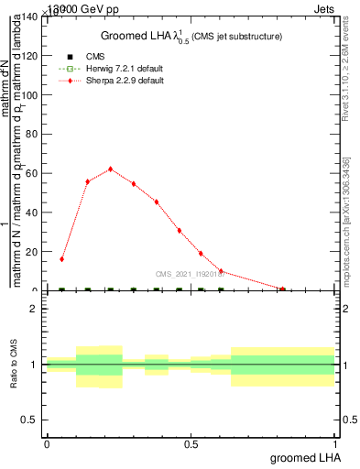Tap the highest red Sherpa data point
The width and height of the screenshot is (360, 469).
[x=111, y=169]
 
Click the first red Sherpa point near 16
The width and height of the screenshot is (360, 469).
[x=62, y=259]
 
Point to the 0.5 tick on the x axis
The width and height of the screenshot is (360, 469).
[x=191, y=444]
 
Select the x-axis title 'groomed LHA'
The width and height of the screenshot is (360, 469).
[x=304, y=457]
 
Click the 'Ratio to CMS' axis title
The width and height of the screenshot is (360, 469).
[x=14, y=365]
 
